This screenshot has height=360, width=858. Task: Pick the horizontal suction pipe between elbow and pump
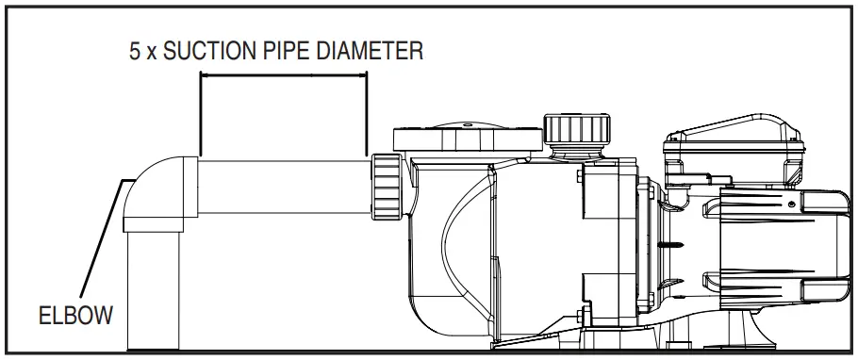tap(283, 188)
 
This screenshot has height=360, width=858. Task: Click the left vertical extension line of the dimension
tap(200, 113)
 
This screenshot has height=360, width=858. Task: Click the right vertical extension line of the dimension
tap(366, 113)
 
